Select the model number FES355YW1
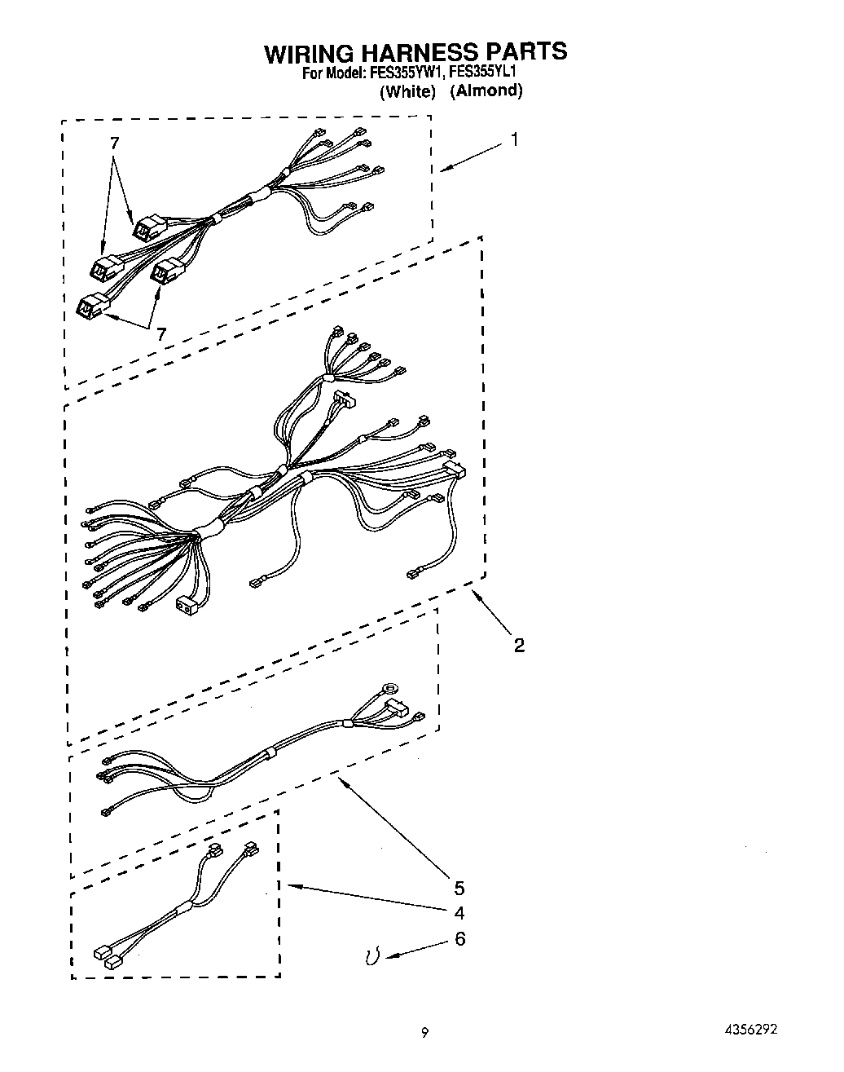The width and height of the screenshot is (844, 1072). (405, 73)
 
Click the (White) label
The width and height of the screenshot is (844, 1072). (409, 90)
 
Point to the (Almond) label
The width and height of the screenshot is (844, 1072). (486, 90)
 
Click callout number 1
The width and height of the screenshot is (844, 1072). (514, 139)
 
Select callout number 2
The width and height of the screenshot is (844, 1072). (519, 646)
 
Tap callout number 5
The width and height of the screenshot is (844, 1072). (459, 887)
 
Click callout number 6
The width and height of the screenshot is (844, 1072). (459, 939)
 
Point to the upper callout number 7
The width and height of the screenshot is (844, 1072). (114, 143)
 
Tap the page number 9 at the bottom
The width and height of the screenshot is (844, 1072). (424, 1032)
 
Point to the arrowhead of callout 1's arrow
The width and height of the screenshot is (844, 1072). (442, 170)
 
